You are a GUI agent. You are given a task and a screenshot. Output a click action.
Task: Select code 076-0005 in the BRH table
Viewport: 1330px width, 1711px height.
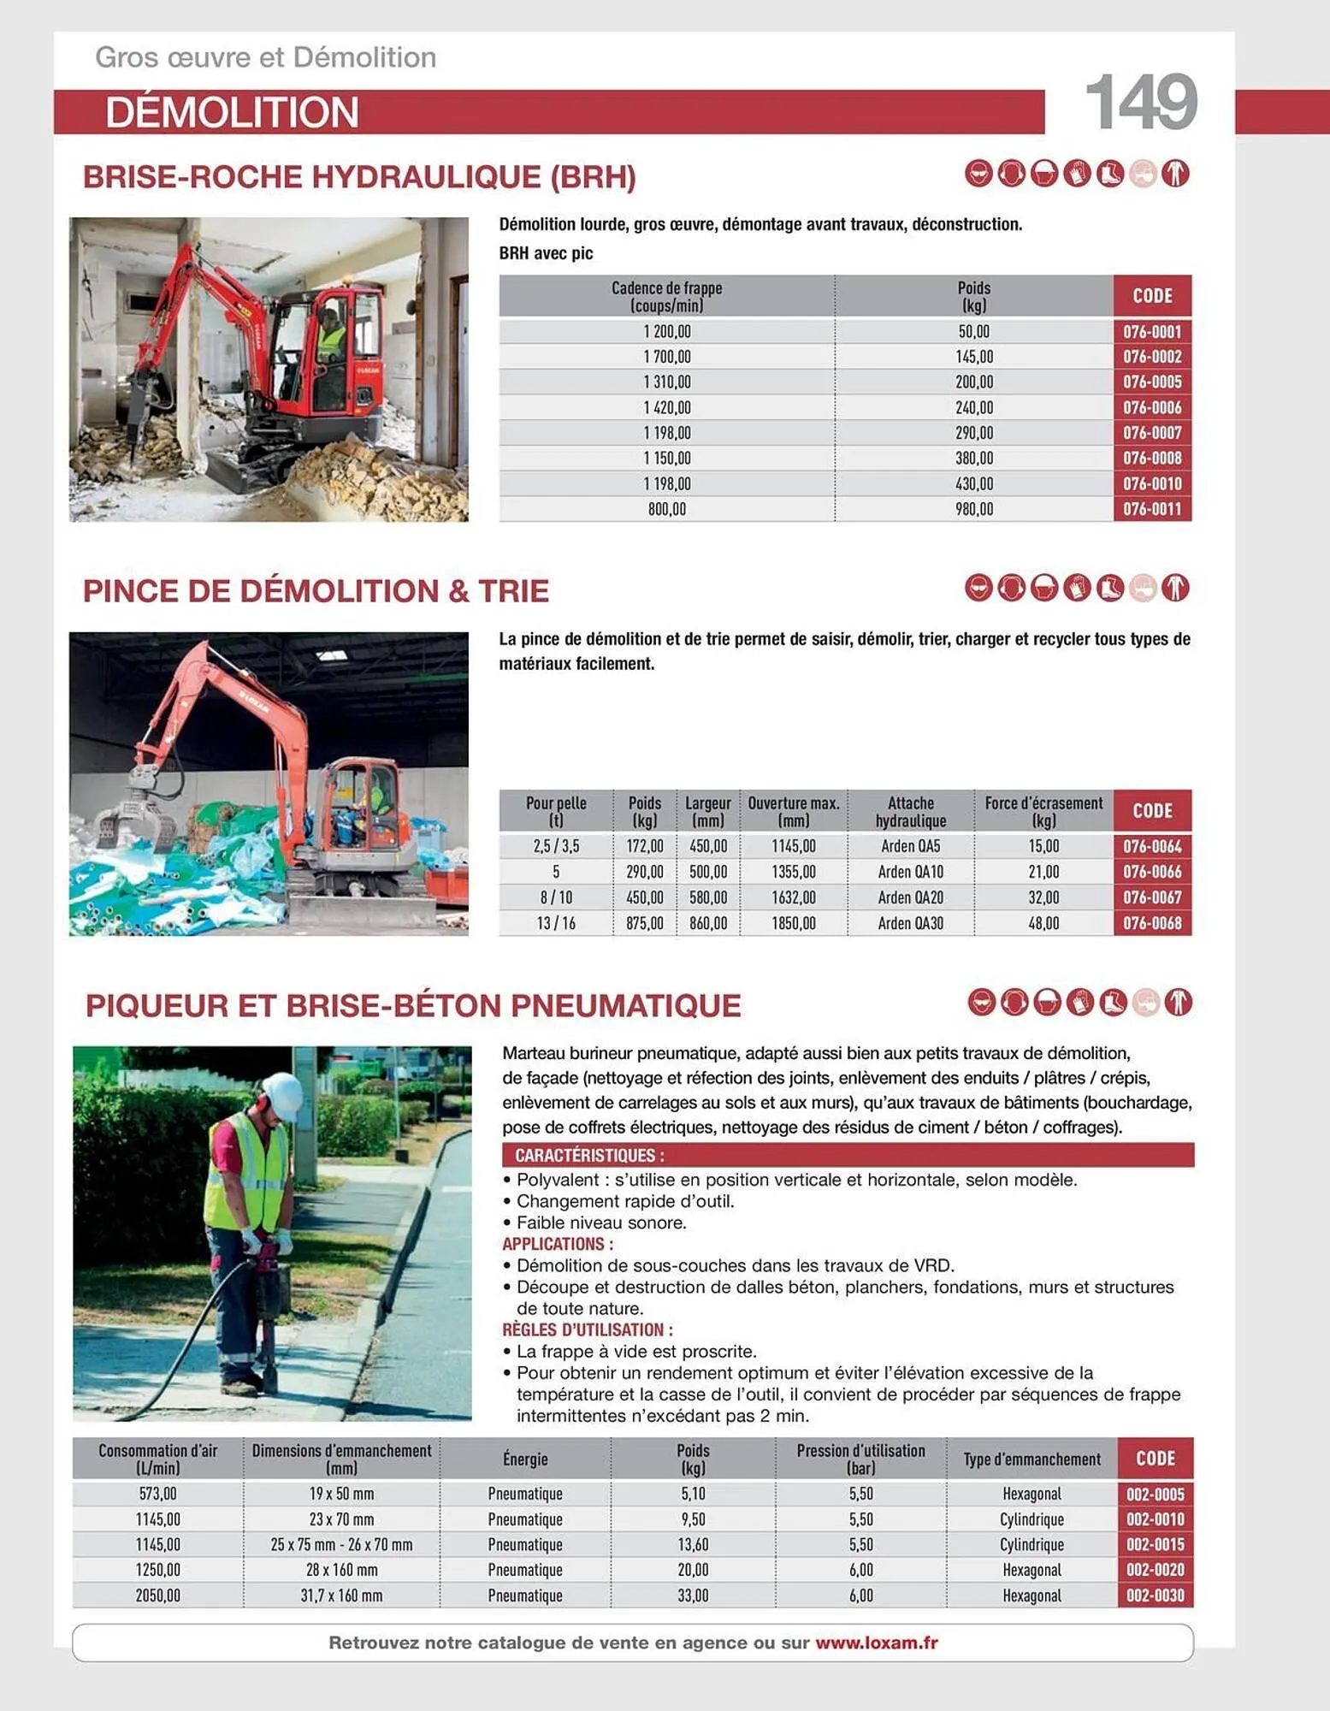[1151, 382]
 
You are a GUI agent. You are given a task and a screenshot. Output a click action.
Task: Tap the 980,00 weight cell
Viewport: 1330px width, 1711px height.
[973, 509]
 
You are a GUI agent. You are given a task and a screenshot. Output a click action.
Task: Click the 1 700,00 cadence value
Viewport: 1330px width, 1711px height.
[666, 357]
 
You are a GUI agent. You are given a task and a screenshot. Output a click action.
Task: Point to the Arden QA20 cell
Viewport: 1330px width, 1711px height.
[910, 897]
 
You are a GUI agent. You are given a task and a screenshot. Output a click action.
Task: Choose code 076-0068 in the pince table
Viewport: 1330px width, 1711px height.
[1151, 923]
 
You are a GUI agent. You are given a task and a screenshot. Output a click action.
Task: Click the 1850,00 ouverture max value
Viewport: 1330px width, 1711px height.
[793, 923]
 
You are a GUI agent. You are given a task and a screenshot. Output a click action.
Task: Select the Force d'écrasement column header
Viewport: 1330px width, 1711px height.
[1043, 811]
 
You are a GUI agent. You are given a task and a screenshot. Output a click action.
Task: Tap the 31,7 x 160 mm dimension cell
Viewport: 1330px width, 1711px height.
[341, 1596]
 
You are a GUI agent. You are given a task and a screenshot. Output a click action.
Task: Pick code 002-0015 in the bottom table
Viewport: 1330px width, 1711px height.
[1154, 1544]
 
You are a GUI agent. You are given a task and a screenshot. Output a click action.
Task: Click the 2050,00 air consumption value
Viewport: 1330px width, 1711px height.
[157, 1596]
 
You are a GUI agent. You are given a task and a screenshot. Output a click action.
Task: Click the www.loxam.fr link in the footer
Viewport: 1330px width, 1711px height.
[876, 1643]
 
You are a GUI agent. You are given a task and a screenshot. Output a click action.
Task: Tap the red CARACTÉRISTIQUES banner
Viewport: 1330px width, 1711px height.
[847, 1155]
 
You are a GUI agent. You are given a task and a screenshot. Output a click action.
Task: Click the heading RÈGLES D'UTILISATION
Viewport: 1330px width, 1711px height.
[587, 1329]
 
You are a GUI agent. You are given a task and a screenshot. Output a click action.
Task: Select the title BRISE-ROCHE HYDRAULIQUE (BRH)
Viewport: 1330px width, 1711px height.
[359, 177]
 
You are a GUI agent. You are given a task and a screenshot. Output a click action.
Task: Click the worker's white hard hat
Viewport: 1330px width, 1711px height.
[283, 1094]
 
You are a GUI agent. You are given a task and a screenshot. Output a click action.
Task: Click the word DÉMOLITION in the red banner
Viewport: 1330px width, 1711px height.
[232, 112]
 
